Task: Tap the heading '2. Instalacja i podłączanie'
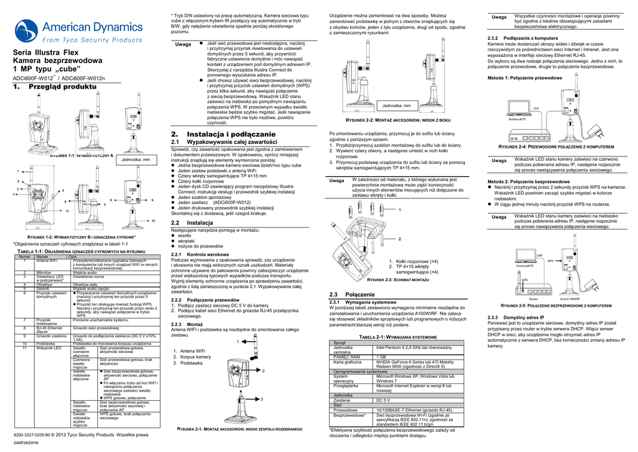(222, 134)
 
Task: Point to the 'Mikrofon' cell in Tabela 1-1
(44, 272)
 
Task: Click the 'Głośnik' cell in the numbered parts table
(43, 289)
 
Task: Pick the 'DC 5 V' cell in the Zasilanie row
(383, 400)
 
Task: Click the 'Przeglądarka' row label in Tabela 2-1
(346, 386)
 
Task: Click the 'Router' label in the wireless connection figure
(533, 299)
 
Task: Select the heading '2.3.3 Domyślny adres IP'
(517, 317)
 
